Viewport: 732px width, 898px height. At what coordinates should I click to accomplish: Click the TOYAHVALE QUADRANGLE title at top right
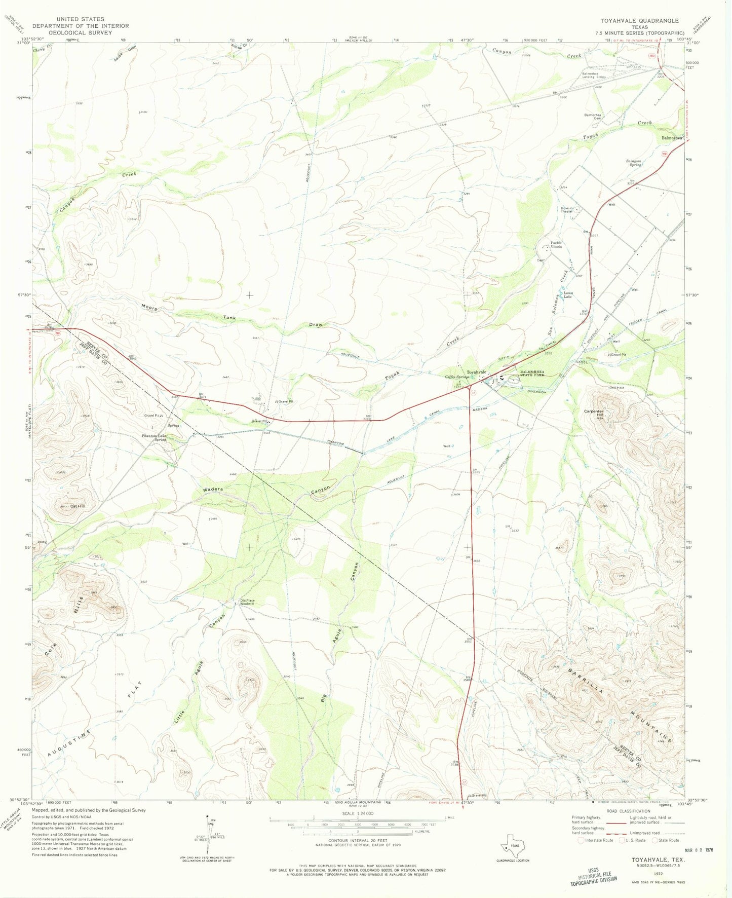[639, 21]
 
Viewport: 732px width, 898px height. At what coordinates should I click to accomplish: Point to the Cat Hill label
[77, 506]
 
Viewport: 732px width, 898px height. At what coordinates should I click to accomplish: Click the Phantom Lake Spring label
[154, 437]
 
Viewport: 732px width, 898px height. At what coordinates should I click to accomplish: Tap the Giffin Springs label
[456, 377]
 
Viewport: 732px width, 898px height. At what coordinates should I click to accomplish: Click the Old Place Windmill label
[247, 602]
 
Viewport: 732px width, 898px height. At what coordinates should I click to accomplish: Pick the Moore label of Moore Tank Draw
[149, 308]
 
